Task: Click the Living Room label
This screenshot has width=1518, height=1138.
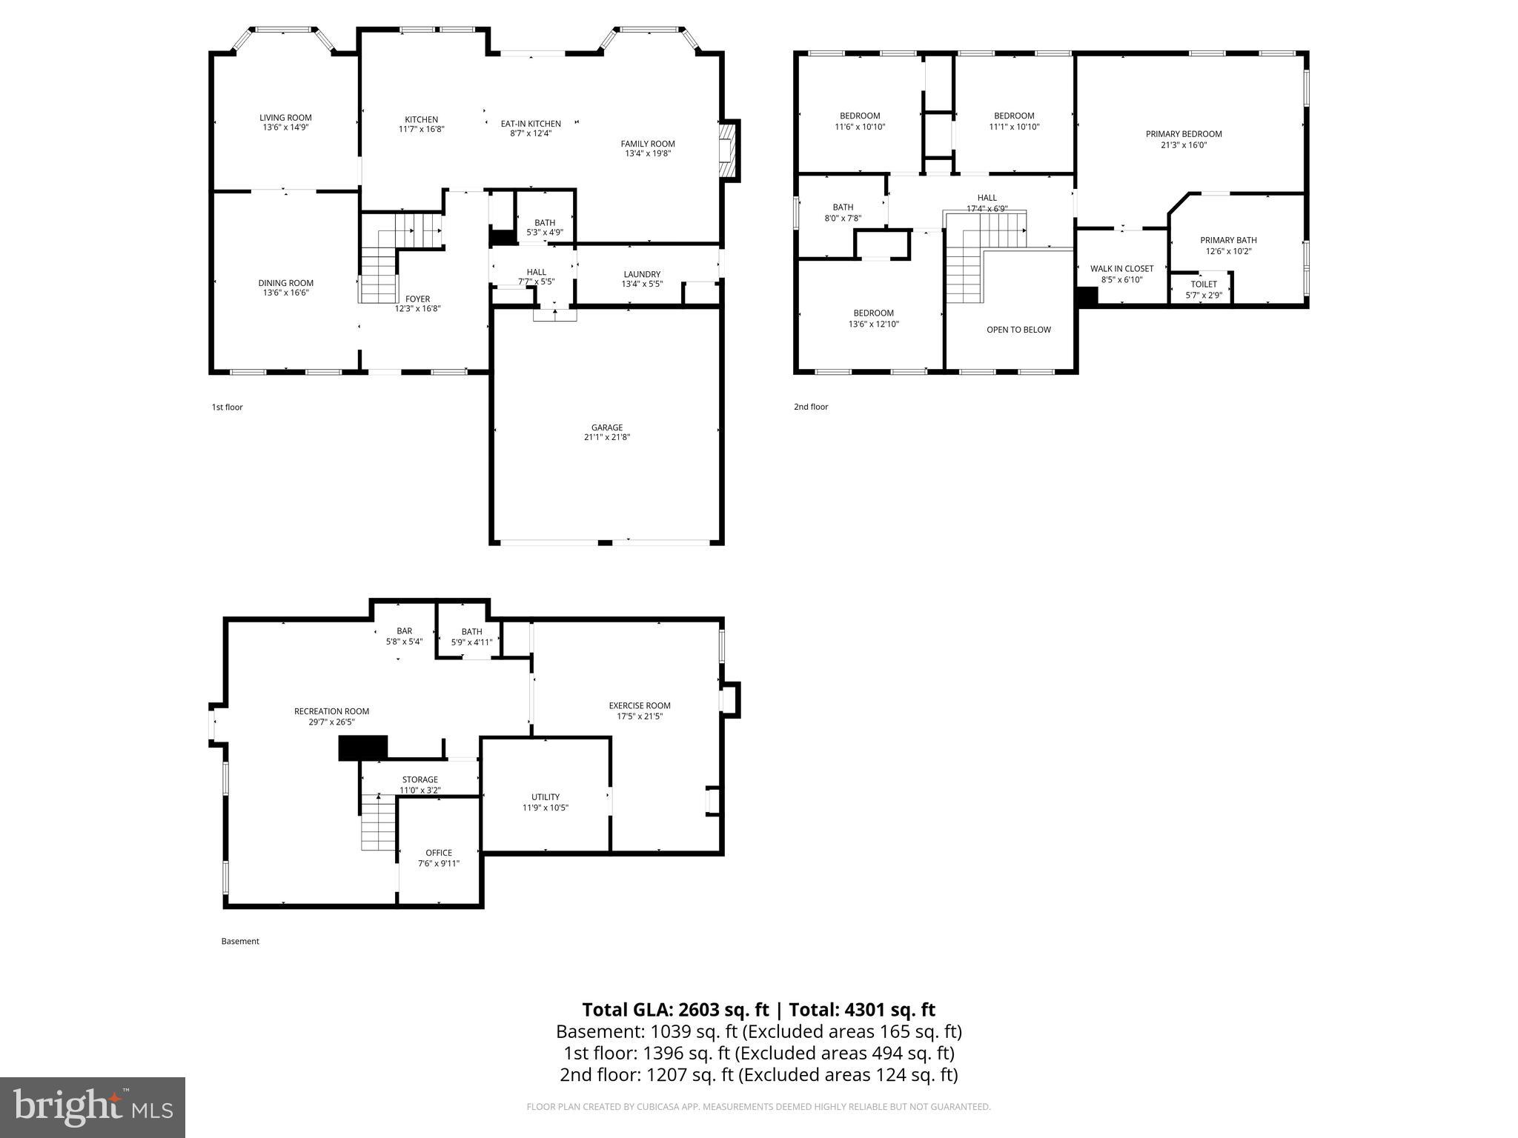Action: pos(285,118)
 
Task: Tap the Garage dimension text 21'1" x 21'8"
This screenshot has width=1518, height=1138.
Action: pos(606,438)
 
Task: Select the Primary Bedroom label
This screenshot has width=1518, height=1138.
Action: pos(1184,134)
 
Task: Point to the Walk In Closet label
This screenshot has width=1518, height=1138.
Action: pos(1121,269)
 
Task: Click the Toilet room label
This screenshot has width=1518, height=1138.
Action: pos(1203,284)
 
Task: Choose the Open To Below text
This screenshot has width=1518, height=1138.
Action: pos(1018,330)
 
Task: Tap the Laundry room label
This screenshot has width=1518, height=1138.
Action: pos(642,274)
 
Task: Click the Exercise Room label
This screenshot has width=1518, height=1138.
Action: pos(640,706)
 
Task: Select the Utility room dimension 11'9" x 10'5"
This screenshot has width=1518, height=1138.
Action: pos(545,808)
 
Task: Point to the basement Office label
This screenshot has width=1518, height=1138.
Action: pos(439,853)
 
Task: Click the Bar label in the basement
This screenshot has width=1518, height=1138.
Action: pos(404,631)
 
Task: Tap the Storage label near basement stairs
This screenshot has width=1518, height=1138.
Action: pos(420,779)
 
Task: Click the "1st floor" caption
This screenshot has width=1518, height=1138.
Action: pos(227,407)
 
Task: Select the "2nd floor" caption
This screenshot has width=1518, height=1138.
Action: pos(811,407)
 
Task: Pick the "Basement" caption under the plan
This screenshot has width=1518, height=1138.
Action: pos(240,942)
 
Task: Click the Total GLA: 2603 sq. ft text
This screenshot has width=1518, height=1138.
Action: pos(675,1010)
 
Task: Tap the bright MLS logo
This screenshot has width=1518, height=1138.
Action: pos(93,1108)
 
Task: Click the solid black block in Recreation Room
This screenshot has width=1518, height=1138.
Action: pos(363,748)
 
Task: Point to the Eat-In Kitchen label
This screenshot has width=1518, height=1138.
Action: pos(531,124)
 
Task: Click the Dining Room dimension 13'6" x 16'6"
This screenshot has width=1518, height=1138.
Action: pos(285,293)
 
